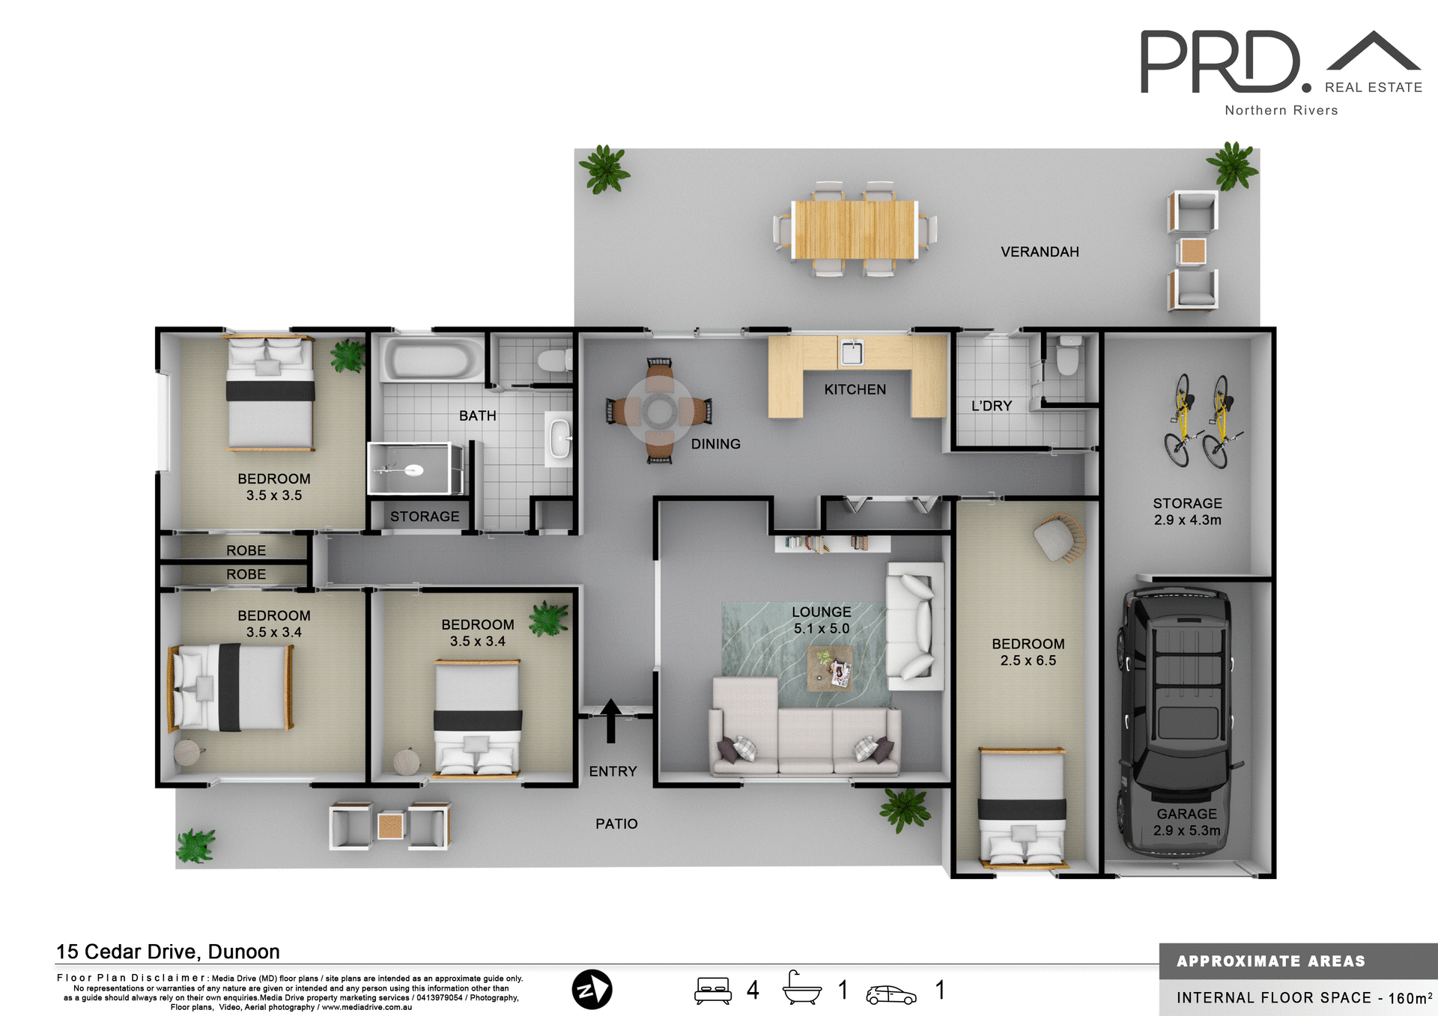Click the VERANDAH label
[1040, 252]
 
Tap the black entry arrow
[610, 720]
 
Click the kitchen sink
[852, 352]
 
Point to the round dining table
[660, 410]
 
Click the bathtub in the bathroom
[434, 360]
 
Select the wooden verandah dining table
[855, 229]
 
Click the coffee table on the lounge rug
[830, 669]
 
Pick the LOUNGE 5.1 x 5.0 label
[822, 620]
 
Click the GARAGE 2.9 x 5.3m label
[1186, 822]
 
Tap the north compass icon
[592, 989]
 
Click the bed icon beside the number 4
[712, 990]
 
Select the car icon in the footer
[891, 994]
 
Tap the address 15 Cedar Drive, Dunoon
[168, 952]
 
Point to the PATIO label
[616, 824]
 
